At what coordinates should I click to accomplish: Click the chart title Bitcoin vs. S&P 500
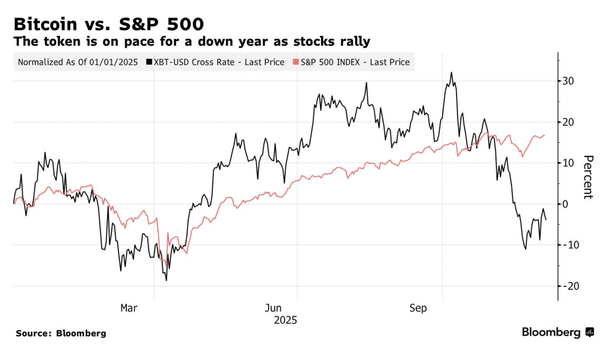tap(109, 24)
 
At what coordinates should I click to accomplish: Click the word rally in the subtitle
tap(355, 42)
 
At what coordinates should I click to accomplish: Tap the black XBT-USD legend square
tap(149, 62)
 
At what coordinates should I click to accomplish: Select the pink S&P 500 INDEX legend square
tap(296, 62)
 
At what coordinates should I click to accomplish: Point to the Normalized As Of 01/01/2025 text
tap(78, 62)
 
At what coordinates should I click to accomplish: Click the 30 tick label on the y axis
tap(568, 81)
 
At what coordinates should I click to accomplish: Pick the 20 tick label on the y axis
tap(568, 122)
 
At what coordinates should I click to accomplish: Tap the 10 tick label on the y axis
tap(568, 163)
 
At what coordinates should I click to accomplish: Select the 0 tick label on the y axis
tap(565, 204)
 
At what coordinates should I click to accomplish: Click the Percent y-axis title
tap(588, 177)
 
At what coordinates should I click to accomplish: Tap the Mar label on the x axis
tap(129, 308)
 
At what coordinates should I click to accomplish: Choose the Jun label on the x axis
tap(273, 308)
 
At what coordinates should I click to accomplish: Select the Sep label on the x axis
tap(418, 308)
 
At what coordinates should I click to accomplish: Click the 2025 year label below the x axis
tap(285, 320)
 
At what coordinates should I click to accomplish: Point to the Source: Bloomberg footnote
tap(61, 333)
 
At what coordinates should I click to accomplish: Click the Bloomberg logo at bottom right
tap(558, 332)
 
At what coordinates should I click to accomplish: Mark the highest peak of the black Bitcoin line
tap(451, 73)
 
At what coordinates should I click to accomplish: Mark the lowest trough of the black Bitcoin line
tap(166, 280)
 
